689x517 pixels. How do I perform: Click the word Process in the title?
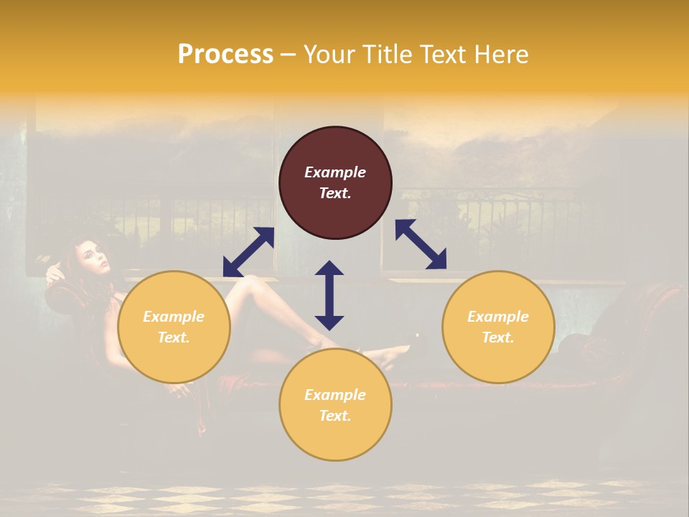click(225, 55)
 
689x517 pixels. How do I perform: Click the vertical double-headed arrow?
click(329, 295)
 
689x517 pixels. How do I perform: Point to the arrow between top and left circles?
click(248, 252)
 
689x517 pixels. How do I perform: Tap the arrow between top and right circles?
click(421, 244)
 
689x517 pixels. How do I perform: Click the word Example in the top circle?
click(335, 172)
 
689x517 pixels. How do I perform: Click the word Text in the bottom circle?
click(335, 416)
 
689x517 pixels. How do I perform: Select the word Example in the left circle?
click(174, 317)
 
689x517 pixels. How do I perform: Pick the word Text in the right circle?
click(498, 337)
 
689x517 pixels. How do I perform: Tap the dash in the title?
click(288, 55)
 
